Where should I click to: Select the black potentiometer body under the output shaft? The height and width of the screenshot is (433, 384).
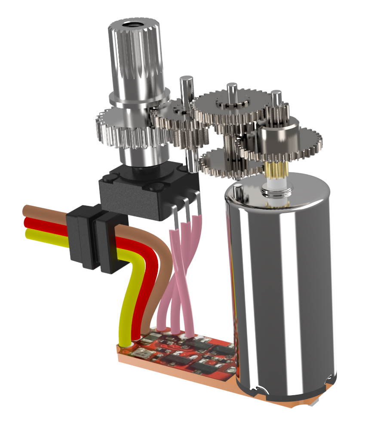point(142,193)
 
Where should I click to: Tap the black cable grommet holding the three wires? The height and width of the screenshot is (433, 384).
point(92,236)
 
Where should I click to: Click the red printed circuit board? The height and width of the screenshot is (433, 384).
point(189,353)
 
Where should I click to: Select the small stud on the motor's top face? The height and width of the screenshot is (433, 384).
point(237,188)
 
